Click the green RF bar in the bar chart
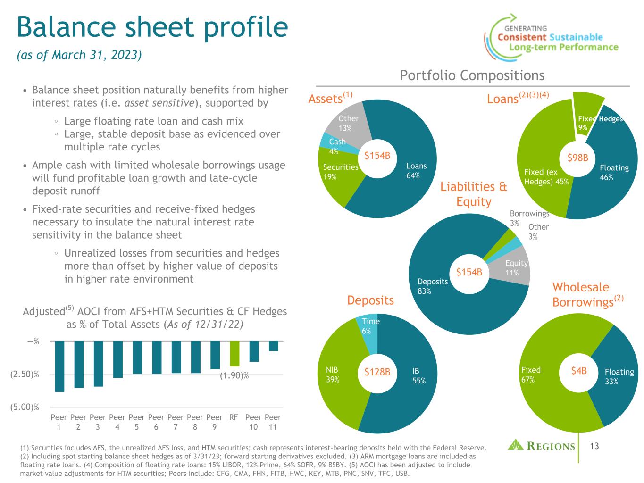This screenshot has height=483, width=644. pyautogui.click(x=234, y=353)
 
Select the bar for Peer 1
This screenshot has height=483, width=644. pyautogui.click(x=59, y=366)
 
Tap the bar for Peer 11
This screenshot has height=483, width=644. pyautogui.click(x=273, y=346)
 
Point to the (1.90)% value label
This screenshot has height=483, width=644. pyautogui.click(x=234, y=375)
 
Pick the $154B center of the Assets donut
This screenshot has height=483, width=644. pyautogui.click(x=377, y=155)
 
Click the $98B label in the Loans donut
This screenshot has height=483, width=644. pyautogui.click(x=577, y=158)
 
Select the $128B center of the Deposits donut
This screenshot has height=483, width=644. pyautogui.click(x=377, y=372)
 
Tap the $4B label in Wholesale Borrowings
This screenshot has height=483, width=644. pyautogui.click(x=579, y=371)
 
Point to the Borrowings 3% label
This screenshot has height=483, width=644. pyautogui.click(x=529, y=217)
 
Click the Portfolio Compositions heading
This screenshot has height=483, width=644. pyautogui.click(x=472, y=75)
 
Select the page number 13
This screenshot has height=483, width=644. pyautogui.click(x=594, y=445)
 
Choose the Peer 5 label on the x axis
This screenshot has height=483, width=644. pyautogui.click(x=137, y=422)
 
